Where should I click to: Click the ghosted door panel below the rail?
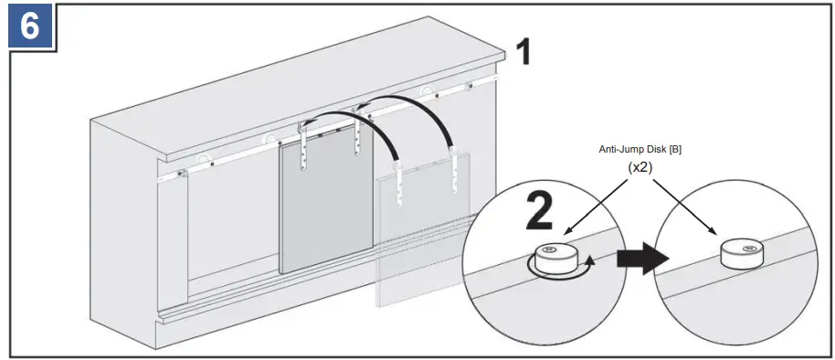point(425,247)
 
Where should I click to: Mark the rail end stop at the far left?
point(182,174)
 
